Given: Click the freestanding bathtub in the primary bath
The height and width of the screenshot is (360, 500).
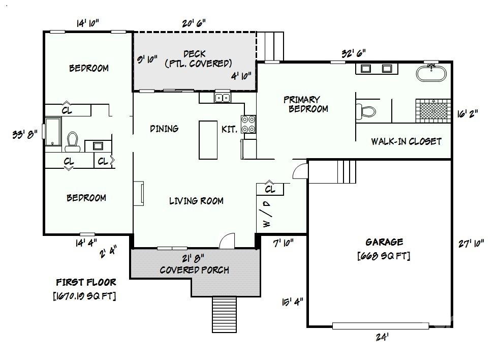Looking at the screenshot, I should point(432,73).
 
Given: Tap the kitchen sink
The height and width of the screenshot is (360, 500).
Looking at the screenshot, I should point(222,98).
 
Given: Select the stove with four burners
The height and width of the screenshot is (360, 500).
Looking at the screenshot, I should point(248,125).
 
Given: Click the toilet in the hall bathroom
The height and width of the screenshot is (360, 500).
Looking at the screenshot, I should point(72,142).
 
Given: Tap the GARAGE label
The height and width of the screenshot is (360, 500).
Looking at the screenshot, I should point(384,242).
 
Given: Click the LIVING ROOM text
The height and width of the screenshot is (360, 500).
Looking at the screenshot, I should point(196,201).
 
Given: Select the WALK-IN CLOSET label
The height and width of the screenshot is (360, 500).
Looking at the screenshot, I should point(406,141).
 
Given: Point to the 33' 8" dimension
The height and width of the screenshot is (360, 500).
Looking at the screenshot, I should point(24,135).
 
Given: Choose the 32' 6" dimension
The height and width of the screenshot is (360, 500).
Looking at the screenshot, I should point(354,53).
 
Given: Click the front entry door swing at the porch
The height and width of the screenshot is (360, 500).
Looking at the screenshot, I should point(227,241).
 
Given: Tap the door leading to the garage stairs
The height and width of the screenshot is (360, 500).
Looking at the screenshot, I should point(300,170).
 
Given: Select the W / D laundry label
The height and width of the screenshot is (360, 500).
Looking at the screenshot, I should point(266,213).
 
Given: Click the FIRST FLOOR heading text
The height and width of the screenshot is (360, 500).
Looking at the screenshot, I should point(86,282).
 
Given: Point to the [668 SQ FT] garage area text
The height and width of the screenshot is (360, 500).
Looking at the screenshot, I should point(384,255).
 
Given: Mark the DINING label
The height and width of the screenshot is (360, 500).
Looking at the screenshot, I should point(164,129).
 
